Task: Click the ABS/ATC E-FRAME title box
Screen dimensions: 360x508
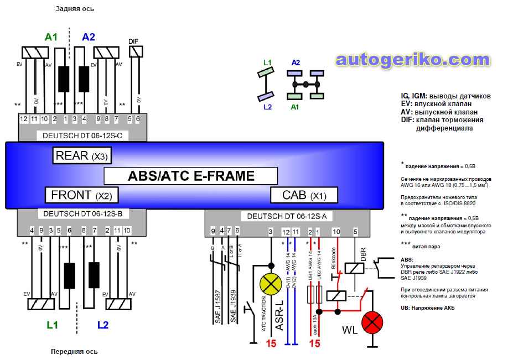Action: (191, 176)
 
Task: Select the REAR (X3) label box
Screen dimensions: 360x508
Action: (81, 156)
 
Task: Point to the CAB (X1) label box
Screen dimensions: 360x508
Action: (304, 195)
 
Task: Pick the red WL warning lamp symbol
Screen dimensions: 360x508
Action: (371, 323)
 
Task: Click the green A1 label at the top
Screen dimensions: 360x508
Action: (51, 37)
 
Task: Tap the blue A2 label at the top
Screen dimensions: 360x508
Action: (89, 37)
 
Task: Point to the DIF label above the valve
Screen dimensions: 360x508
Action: (133, 41)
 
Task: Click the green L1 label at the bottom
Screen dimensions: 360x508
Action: (52, 325)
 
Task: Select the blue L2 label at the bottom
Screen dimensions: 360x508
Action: (103, 325)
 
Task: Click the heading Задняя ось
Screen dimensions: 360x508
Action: (75, 9)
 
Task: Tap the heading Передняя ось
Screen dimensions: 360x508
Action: (75, 351)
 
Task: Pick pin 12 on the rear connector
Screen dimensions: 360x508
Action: (23, 119)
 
